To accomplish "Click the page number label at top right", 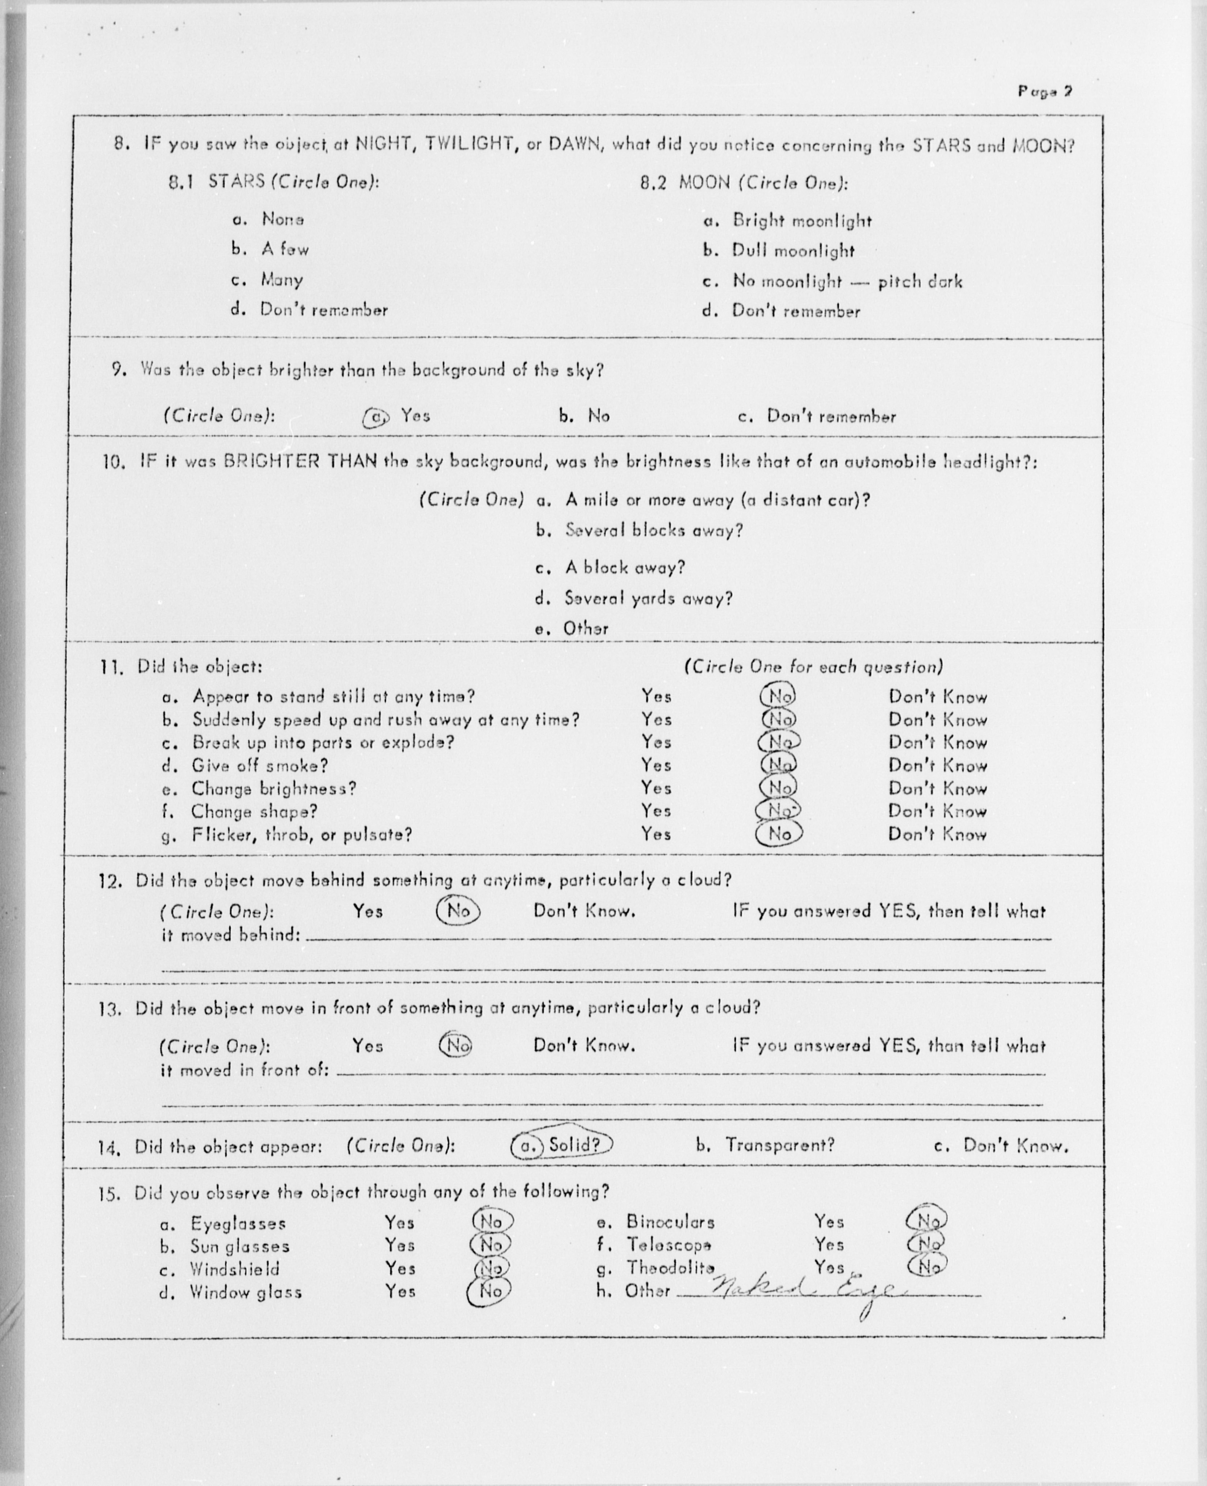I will click(x=1045, y=91).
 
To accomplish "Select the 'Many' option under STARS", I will click(x=282, y=280).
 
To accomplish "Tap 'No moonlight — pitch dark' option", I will click(x=847, y=282).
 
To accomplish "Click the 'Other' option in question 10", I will click(x=585, y=628).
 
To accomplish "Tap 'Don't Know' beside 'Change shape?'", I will click(x=937, y=811).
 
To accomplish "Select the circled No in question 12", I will click(x=457, y=910).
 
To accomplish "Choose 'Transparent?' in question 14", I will click(x=779, y=1145).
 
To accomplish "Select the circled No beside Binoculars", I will click(x=927, y=1220).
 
